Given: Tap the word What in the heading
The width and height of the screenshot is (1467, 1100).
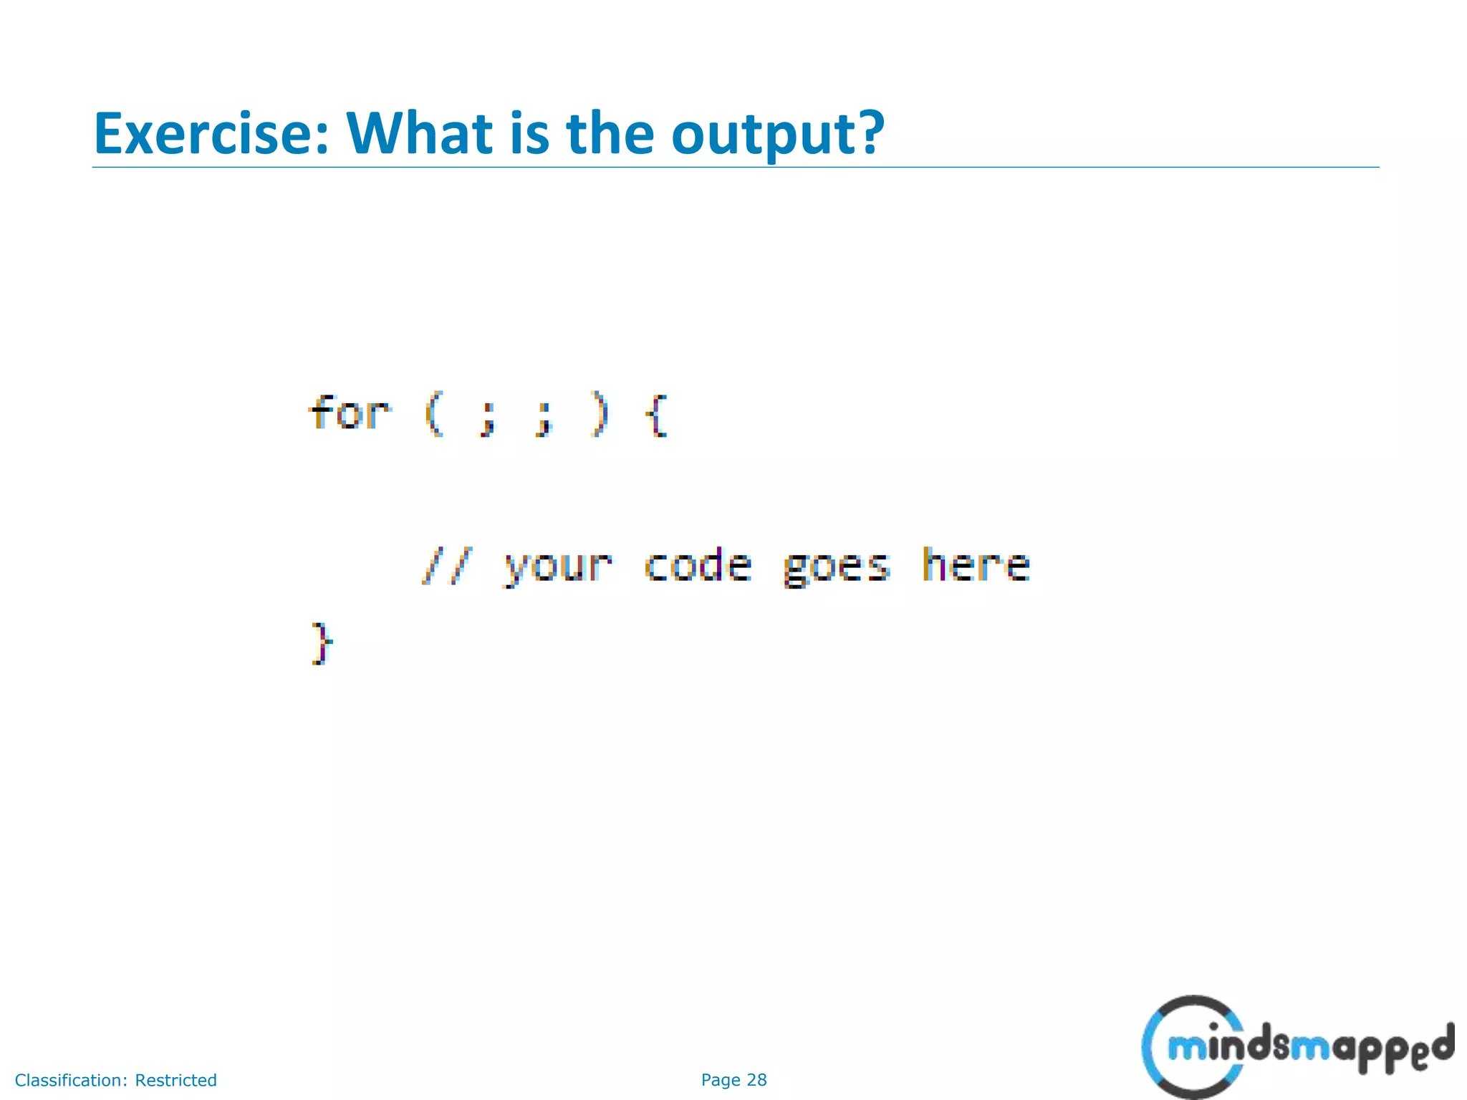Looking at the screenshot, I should [x=420, y=134].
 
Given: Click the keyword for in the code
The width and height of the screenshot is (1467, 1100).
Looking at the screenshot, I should [x=350, y=413].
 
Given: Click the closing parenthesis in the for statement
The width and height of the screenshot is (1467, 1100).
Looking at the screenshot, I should [x=599, y=415].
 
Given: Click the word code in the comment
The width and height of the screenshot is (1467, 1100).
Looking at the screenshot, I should [x=698, y=566].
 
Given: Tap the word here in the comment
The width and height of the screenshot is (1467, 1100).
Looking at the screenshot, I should [x=976, y=564].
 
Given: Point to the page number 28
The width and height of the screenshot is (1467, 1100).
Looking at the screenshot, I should [x=756, y=1080].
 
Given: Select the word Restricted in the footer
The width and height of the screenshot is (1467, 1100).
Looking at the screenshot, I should [x=175, y=1080].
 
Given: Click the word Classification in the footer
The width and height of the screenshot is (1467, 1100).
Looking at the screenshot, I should [x=70, y=1080].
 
